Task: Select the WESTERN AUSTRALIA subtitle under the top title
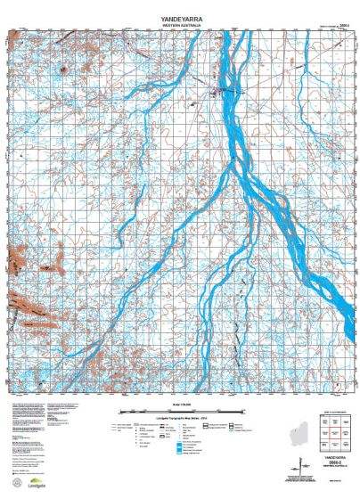click(x=180, y=26)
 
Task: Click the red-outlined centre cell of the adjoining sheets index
click(x=334, y=434)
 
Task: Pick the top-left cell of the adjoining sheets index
click(x=324, y=423)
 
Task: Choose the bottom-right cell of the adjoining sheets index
click(x=344, y=445)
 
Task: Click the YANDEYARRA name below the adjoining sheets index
click(x=334, y=456)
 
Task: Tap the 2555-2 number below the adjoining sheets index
click(x=334, y=462)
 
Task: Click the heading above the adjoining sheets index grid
click(x=334, y=415)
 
